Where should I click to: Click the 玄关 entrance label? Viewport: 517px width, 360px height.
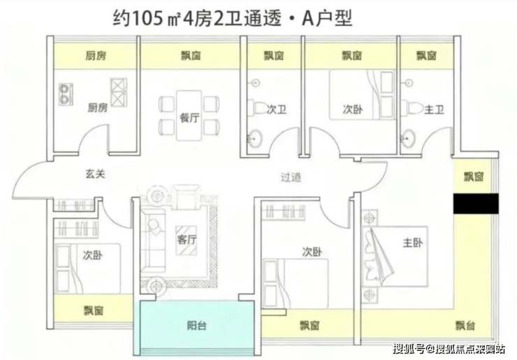pyautogui.click(x=95, y=174)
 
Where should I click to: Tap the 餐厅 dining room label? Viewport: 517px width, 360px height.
pyautogui.click(x=189, y=118)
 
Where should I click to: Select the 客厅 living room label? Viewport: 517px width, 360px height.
pyautogui.click(x=187, y=239)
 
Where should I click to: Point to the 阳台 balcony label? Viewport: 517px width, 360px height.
pyautogui.click(x=197, y=326)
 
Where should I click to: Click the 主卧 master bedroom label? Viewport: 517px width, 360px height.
pyautogui.click(x=412, y=243)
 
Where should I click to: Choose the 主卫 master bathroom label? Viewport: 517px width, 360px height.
pyautogui.click(x=434, y=109)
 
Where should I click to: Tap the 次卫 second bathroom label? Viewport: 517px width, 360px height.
pyautogui.click(x=276, y=109)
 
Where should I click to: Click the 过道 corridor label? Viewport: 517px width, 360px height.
pyautogui.click(x=291, y=177)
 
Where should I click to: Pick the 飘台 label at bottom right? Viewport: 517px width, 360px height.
pyautogui.click(x=465, y=326)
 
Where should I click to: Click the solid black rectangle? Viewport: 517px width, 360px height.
pyautogui.click(x=476, y=203)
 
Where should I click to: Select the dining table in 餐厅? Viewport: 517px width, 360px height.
pyautogui.click(x=189, y=115)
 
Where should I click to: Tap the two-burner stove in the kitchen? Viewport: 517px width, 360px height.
pyautogui.click(x=66, y=94)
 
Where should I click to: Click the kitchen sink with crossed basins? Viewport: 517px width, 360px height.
pyautogui.click(x=119, y=92)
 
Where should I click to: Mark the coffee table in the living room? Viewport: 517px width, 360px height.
pyautogui.click(x=187, y=240)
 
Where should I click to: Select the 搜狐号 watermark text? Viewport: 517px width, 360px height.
pyautogui.click(x=409, y=348)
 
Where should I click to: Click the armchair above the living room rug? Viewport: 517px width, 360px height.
pyautogui.click(x=188, y=196)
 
